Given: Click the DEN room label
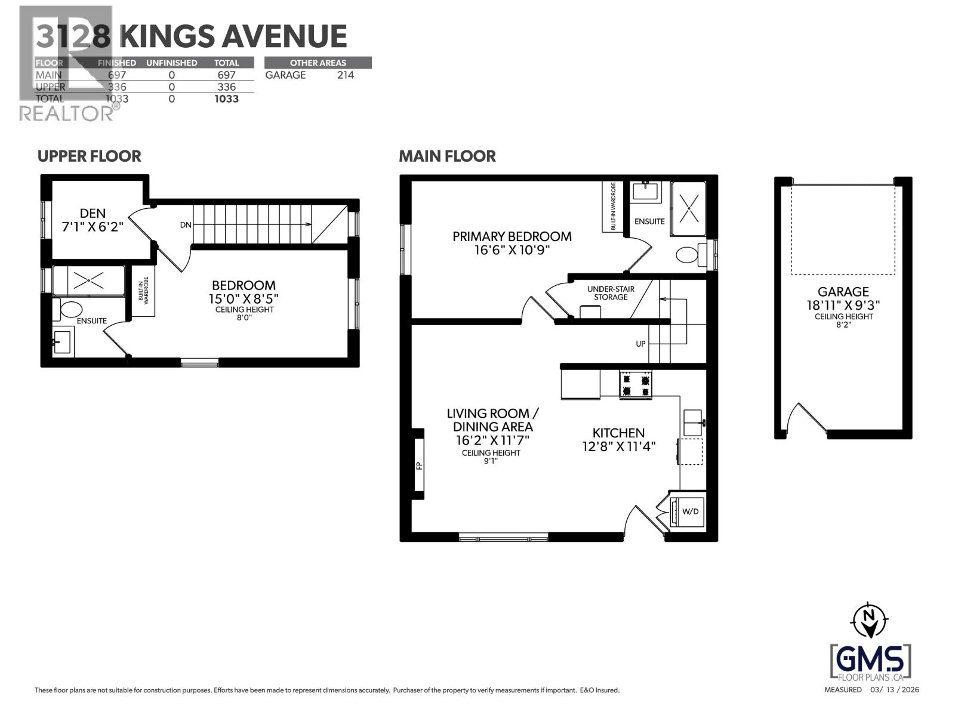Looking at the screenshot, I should [93, 213].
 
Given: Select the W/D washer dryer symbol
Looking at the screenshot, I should [689, 511].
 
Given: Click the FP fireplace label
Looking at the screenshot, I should [419, 465].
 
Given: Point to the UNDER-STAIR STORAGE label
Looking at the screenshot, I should [611, 293].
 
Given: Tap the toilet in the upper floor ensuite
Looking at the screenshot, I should [70, 309].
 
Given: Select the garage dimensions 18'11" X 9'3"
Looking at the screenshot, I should [843, 305].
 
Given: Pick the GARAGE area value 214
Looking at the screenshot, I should [345, 75].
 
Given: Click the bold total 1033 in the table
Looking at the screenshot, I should [227, 99].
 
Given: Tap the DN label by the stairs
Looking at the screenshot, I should [186, 225].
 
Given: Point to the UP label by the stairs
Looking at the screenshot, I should [640, 344].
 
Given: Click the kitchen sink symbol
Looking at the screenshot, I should [693, 422].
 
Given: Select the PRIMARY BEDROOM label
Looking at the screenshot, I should [512, 236].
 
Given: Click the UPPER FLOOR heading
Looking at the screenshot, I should [90, 156].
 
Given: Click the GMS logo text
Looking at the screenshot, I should [870, 659].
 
